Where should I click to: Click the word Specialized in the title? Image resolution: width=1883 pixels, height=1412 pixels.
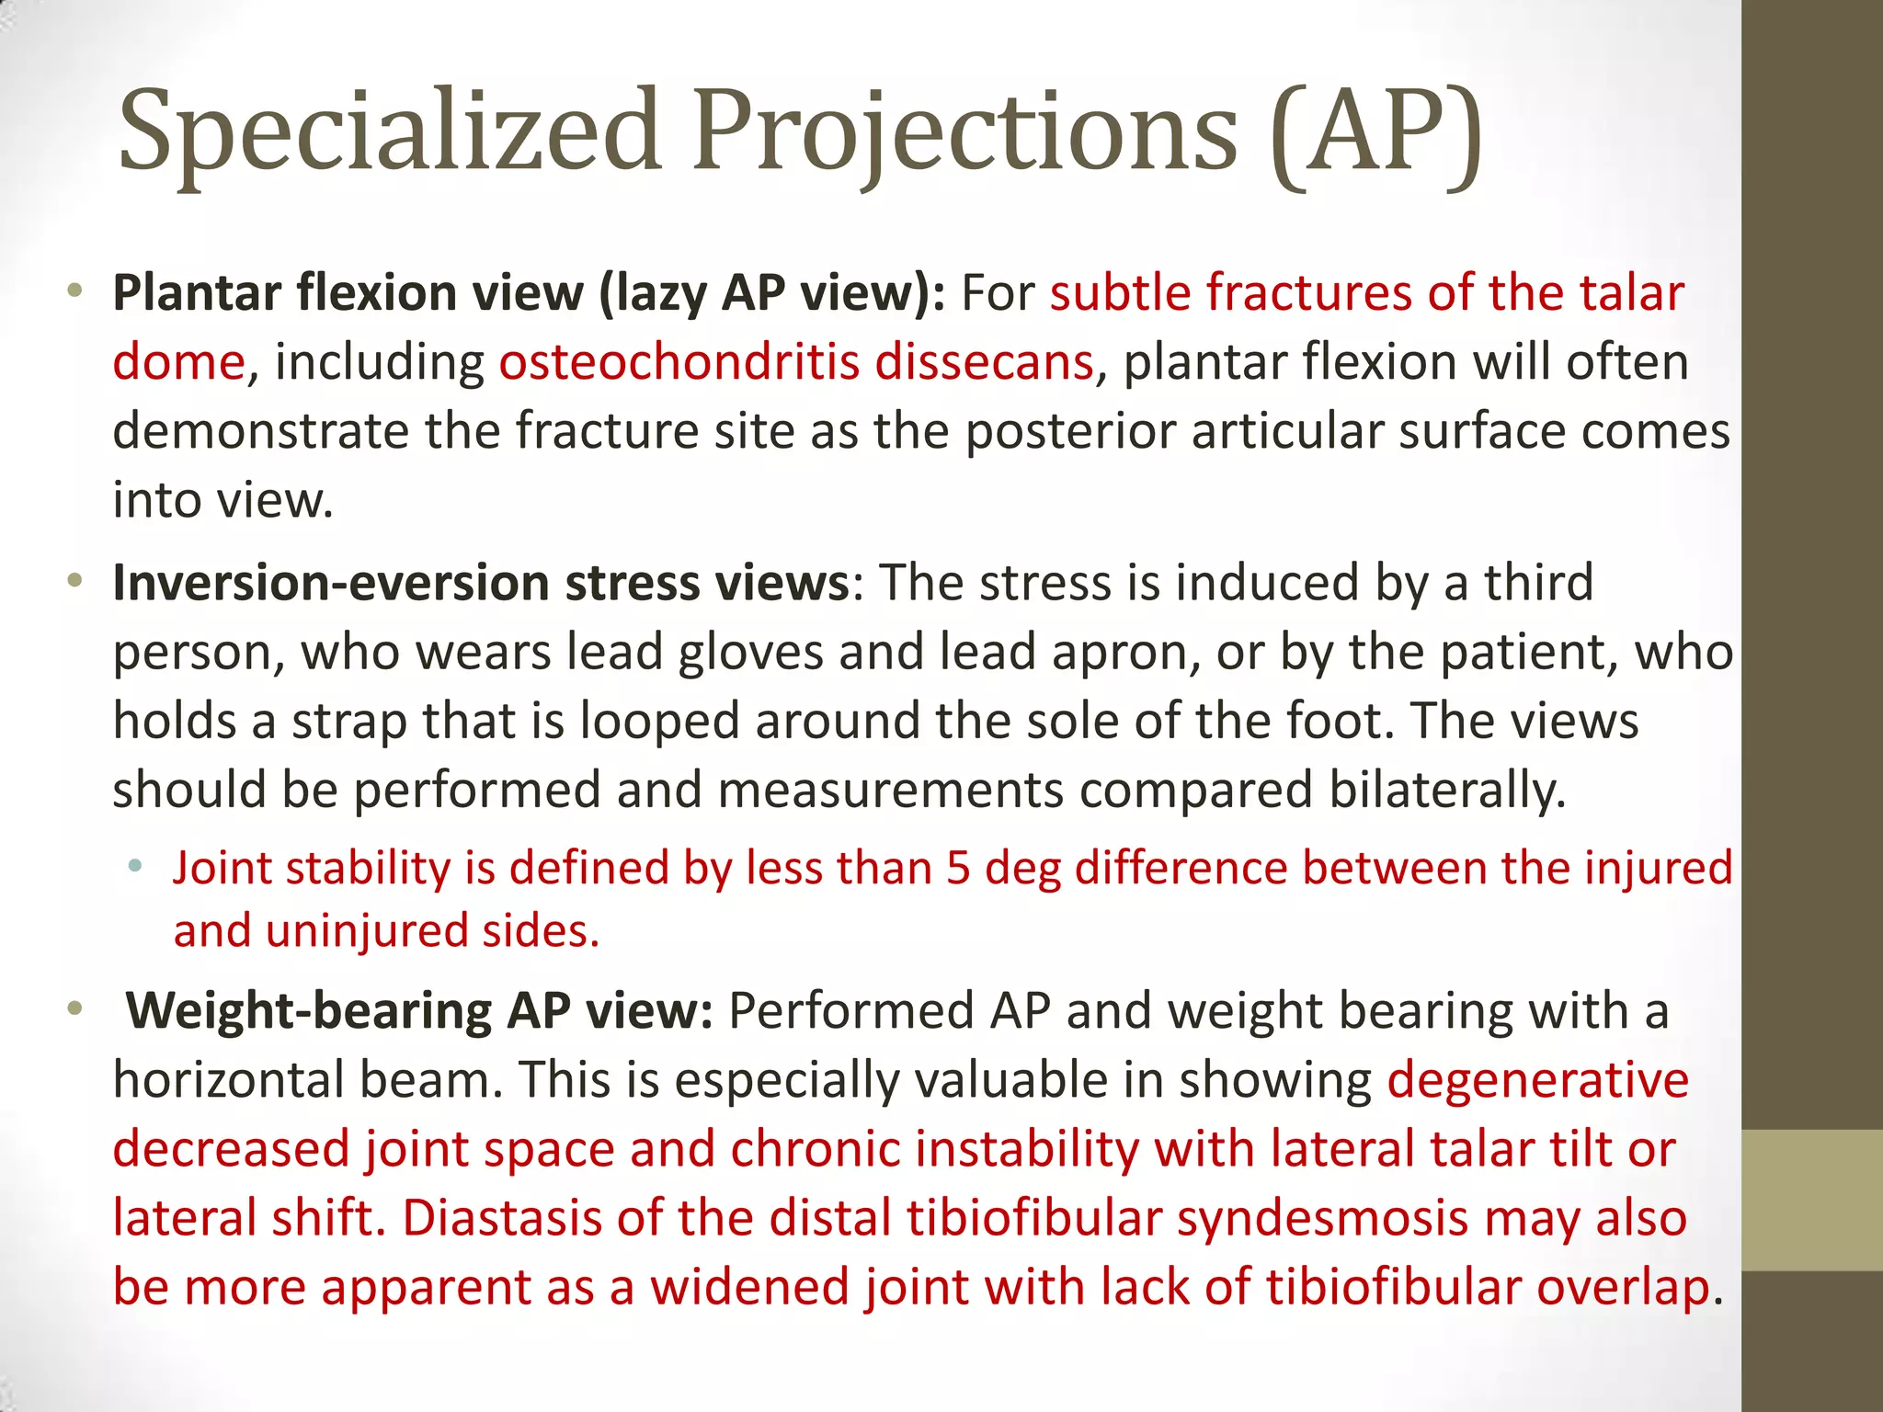tap(390, 131)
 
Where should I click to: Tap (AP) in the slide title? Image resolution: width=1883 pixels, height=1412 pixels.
tap(1377, 131)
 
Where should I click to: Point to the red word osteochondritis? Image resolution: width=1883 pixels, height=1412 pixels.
tap(679, 362)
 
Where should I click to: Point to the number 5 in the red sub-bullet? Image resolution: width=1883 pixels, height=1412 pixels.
tap(958, 868)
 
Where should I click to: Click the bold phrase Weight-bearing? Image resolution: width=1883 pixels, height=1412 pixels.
tap(309, 1010)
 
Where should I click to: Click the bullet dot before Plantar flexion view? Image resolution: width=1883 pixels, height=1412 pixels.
tap(76, 293)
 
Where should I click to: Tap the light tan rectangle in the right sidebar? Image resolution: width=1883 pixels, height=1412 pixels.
tap(1811, 1200)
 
